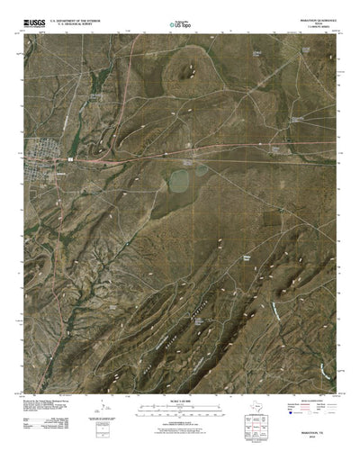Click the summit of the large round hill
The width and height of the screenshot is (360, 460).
click(x=193, y=66)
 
